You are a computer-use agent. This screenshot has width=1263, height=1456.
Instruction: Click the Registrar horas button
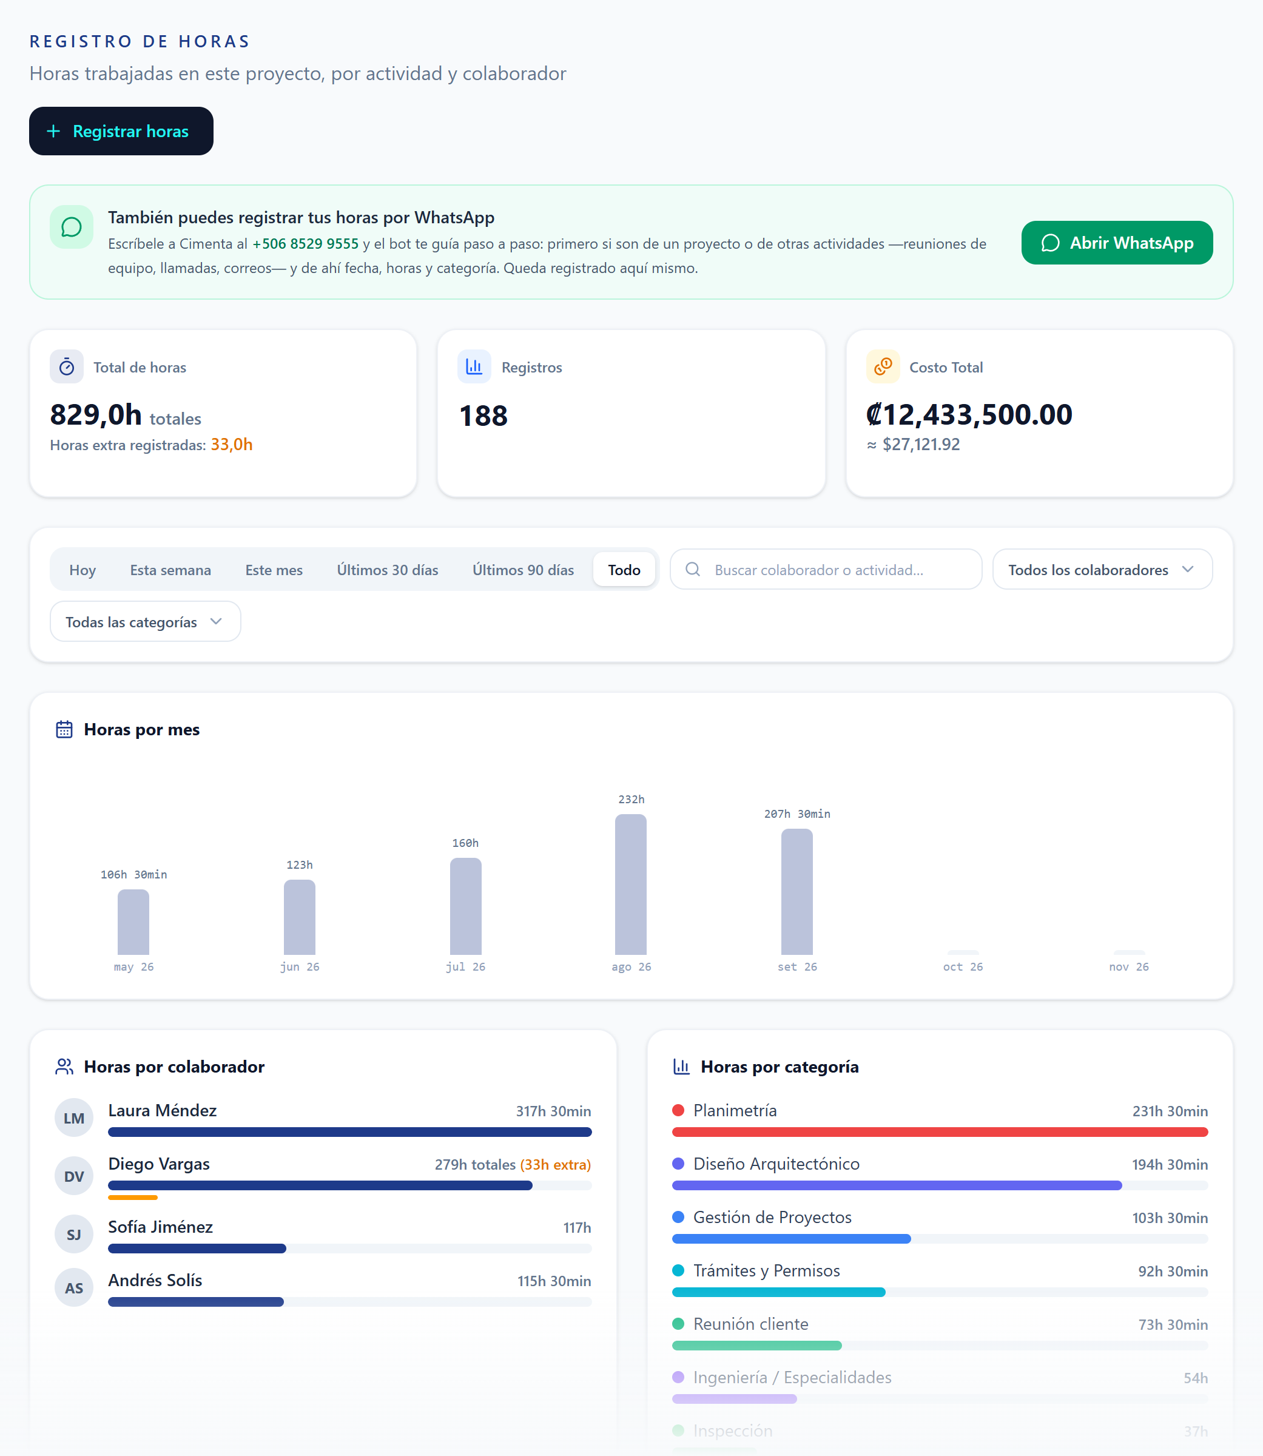[121, 131]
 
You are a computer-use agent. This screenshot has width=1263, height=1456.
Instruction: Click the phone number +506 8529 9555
[305, 244]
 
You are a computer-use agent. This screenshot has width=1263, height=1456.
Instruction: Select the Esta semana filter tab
[170, 570]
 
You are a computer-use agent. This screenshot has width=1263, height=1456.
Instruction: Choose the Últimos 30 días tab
[388, 570]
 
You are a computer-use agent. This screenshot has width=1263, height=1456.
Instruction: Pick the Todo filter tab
[624, 570]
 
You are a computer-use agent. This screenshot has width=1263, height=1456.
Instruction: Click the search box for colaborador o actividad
[826, 570]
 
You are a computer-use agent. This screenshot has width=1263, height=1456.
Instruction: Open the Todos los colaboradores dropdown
[1102, 570]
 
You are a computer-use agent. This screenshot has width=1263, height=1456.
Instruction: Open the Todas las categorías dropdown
[145, 622]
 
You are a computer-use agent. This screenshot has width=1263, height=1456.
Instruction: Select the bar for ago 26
[631, 885]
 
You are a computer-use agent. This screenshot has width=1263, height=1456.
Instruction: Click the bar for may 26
[133, 923]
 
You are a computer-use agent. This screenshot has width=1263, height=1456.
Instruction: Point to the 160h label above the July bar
[465, 843]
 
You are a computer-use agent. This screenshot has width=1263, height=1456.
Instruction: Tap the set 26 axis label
[797, 967]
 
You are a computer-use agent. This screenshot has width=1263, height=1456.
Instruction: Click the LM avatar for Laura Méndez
[74, 1117]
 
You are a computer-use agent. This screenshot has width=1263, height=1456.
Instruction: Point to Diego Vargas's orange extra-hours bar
[132, 1198]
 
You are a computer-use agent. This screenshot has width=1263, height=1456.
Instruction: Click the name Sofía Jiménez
[161, 1227]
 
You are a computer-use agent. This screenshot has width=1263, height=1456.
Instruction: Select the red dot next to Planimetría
[678, 1111]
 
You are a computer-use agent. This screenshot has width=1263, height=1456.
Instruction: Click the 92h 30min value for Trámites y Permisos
[1173, 1272]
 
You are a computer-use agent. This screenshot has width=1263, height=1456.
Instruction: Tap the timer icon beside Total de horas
[67, 366]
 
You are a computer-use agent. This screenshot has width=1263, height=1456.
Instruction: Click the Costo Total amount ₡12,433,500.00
[969, 414]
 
